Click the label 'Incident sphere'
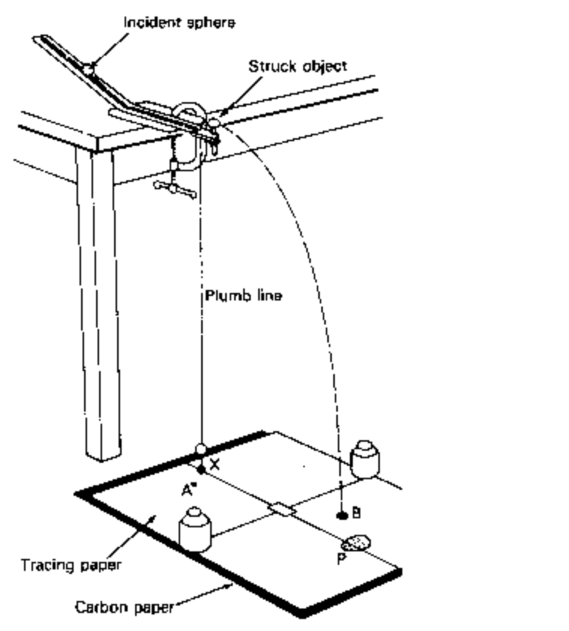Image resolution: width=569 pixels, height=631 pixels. tap(179, 23)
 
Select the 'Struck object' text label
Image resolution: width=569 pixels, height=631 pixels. tap(297, 66)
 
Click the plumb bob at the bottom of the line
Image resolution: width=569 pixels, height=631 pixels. tap(200, 450)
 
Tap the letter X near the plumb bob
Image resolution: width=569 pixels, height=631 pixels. tap(215, 464)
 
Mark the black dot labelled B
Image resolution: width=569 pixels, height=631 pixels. tap(342, 515)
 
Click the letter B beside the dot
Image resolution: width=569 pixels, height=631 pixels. tap(357, 513)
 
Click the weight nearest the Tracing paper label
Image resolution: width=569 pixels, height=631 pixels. tap(196, 529)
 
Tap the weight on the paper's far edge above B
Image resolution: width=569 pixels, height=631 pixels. tap(364, 457)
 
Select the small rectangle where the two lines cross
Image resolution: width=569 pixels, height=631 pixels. tap(281, 510)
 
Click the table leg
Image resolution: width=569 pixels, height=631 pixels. tap(99, 300)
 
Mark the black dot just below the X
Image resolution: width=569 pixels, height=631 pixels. tap(200, 469)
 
